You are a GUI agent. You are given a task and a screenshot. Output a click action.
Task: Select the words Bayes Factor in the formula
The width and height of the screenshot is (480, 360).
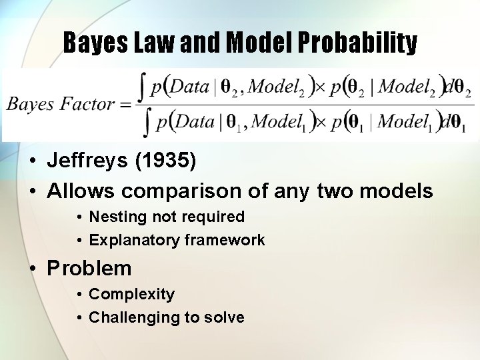click(x=60, y=104)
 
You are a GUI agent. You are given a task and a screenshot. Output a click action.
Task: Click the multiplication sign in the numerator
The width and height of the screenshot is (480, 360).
click(x=319, y=87)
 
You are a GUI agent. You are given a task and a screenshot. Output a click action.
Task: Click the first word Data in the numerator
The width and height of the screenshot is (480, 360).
click(x=191, y=87)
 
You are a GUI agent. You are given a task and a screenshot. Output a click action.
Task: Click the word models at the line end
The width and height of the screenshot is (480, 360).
click(x=396, y=192)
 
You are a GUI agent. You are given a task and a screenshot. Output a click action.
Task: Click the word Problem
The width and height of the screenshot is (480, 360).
click(x=89, y=269)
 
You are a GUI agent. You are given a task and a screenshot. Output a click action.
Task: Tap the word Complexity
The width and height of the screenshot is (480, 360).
click(x=131, y=295)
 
